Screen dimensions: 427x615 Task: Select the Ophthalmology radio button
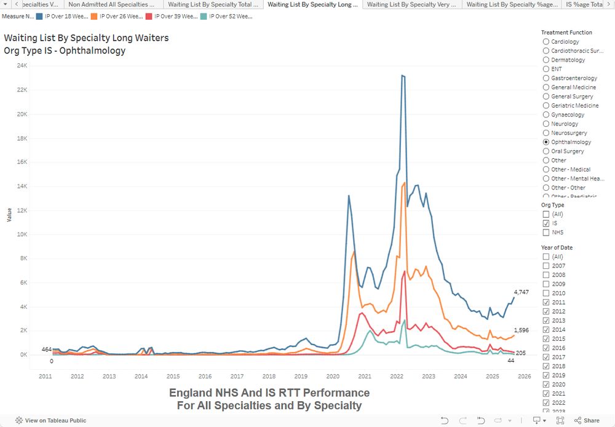pos(546,142)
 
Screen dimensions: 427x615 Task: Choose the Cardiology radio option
pos(546,42)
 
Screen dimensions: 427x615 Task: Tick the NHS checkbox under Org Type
pos(546,233)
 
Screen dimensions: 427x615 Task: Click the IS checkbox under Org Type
pos(546,223)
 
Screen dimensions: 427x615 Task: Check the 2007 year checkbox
pos(546,266)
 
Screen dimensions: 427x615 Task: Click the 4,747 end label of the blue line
pos(521,292)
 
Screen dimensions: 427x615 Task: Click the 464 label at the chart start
pos(47,349)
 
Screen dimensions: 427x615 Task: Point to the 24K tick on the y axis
pos(22,66)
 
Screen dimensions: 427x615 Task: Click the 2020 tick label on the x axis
pos(333,376)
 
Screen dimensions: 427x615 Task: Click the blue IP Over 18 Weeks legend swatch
pos(40,16)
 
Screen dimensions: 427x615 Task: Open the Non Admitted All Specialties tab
pos(112,4)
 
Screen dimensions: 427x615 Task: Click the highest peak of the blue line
pos(402,76)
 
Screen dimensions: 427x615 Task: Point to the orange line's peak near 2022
pos(404,183)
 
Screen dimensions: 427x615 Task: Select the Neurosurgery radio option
pos(546,133)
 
